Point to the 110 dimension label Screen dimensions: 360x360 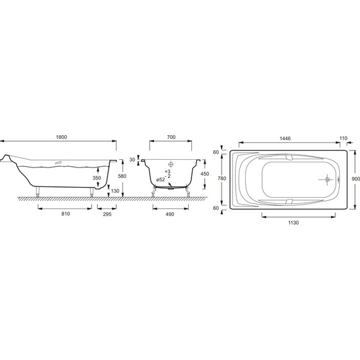(343, 138)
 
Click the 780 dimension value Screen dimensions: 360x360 (222, 179)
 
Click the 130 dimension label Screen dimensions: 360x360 (114, 191)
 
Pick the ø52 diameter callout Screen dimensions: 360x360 (160, 180)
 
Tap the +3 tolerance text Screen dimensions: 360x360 (167, 172)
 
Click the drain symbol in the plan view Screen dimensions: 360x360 (327, 179)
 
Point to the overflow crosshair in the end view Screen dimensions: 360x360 (169, 162)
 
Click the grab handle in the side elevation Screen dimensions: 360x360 (59, 162)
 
